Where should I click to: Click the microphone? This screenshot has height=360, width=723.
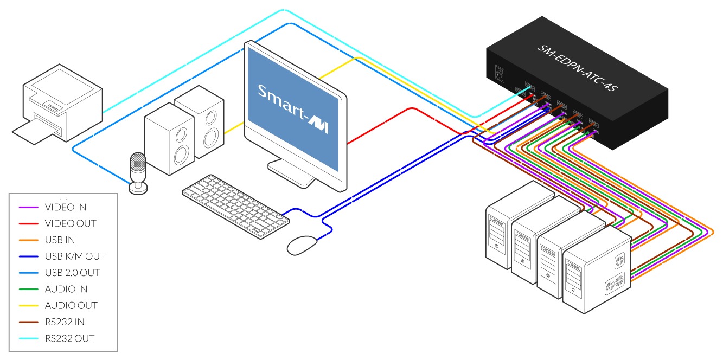[138, 171]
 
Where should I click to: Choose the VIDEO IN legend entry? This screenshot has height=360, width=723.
[66, 207]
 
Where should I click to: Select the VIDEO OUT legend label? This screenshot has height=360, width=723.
[71, 223]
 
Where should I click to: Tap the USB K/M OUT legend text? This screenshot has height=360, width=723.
[75, 256]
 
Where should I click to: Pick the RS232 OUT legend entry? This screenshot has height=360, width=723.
[69, 339]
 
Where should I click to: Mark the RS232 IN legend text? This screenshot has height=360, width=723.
[66, 322]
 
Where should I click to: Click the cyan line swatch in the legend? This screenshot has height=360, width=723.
[29, 339]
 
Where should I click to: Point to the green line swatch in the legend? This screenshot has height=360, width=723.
[29, 290]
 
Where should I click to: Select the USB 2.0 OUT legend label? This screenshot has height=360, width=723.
[72, 273]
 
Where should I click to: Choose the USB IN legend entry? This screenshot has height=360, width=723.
[60, 240]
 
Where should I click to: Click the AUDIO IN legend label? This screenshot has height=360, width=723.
[66, 290]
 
